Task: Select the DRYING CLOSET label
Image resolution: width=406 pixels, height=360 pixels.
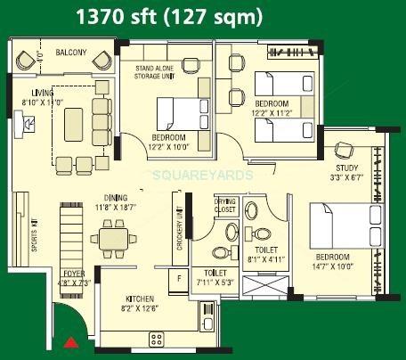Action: pos(225,206)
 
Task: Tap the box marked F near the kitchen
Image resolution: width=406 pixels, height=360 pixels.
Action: pos(182,278)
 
